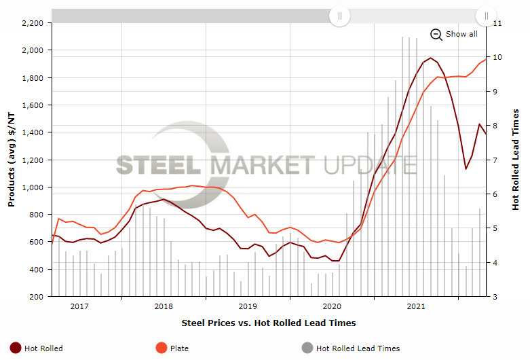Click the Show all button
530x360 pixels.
(x=454, y=34)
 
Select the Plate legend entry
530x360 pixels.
(x=173, y=348)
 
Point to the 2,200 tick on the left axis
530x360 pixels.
(x=32, y=23)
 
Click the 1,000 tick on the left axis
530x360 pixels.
(x=32, y=187)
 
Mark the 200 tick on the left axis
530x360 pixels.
(x=37, y=297)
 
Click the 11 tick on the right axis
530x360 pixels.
(x=497, y=23)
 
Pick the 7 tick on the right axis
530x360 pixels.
(x=495, y=160)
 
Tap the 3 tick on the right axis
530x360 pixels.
(x=495, y=297)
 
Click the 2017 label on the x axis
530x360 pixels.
(x=79, y=306)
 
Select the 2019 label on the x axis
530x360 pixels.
(x=248, y=306)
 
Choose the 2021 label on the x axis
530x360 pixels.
(x=415, y=306)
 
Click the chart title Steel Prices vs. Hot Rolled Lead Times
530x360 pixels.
(x=269, y=323)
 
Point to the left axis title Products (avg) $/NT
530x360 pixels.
(x=11, y=160)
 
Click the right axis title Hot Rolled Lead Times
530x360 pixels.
(x=516, y=160)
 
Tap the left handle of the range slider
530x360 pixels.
(x=340, y=15)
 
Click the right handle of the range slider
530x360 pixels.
(x=487, y=15)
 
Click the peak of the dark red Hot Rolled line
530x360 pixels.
(x=430, y=58)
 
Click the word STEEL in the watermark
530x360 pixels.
(x=157, y=165)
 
